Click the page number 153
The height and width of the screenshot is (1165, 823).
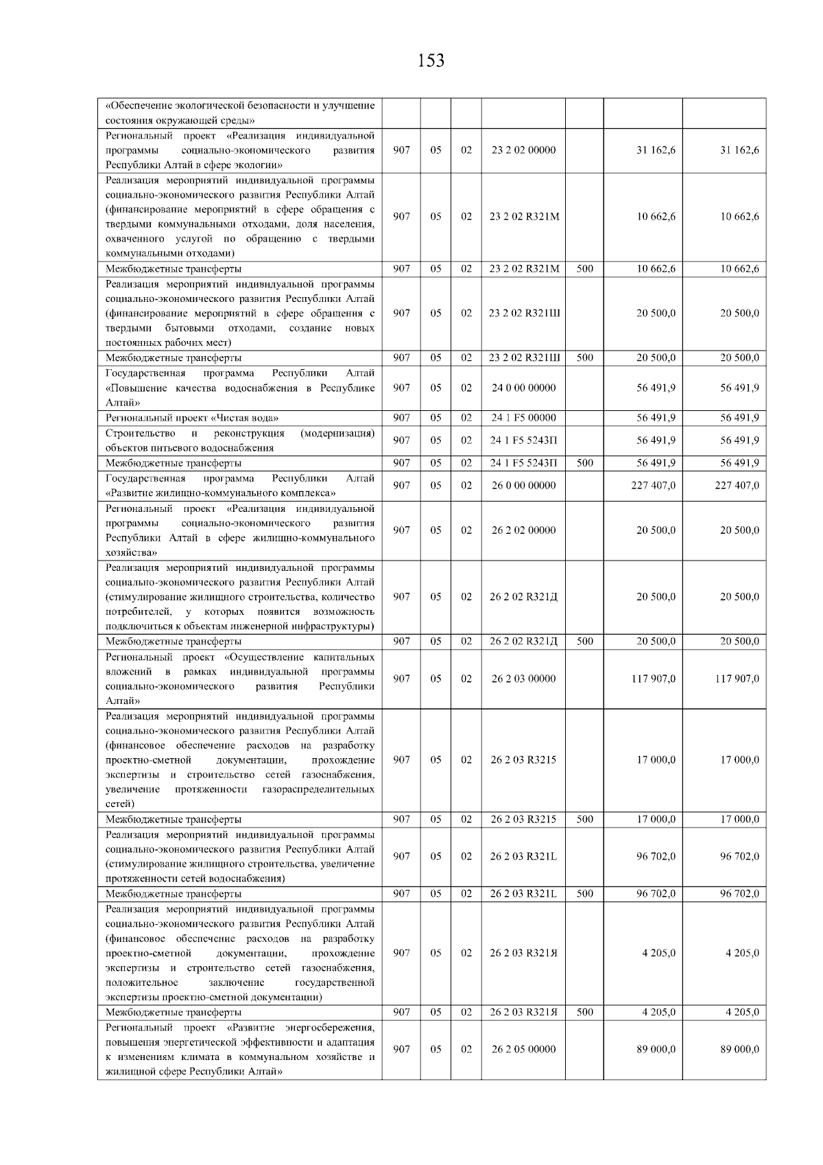pyautogui.click(x=431, y=61)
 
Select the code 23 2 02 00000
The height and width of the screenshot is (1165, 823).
pyautogui.click(x=523, y=150)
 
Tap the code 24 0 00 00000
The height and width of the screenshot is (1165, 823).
pyautogui.click(x=523, y=388)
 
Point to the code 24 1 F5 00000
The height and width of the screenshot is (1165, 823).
pyautogui.click(x=523, y=418)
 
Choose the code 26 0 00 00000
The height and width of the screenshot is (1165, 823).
pyautogui.click(x=523, y=486)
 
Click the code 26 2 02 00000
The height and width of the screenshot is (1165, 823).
pyautogui.click(x=523, y=530)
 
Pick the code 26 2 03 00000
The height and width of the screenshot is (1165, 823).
pyautogui.click(x=523, y=679)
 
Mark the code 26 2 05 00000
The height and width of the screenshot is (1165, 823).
pyautogui.click(x=523, y=1049)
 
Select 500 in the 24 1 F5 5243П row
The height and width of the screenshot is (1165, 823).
pyautogui.click(x=584, y=463)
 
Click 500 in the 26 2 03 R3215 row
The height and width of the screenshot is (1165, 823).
pyautogui.click(x=584, y=819)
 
